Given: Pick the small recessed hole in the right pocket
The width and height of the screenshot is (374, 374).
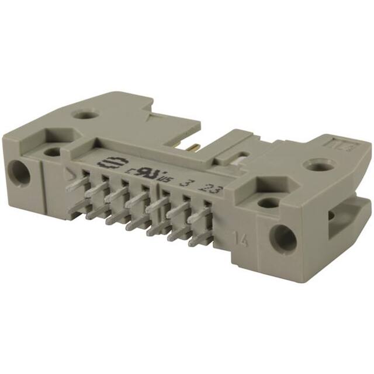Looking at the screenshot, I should tap(269, 202).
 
